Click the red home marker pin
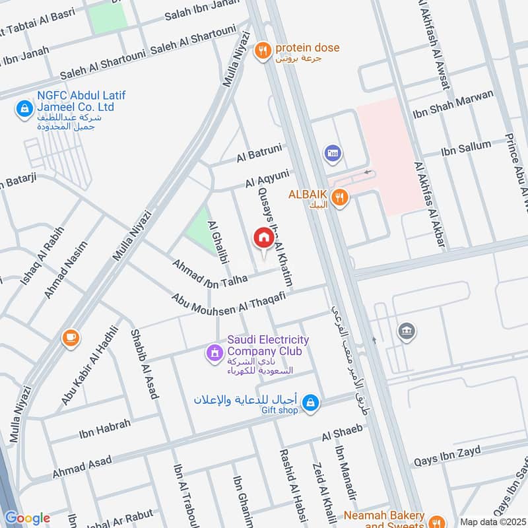click(x=263, y=238)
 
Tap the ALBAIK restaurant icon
click(x=339, y=197)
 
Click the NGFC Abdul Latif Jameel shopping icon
click(x=24, y=108)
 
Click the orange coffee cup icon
click(x=70, y=338)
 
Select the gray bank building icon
click(x=407, y=331)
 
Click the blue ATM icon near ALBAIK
click(x=332, y=154)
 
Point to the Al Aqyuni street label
click(x=267, y=178)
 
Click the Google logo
click(x=27, y=518)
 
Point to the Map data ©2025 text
click(x=492, y=521)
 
